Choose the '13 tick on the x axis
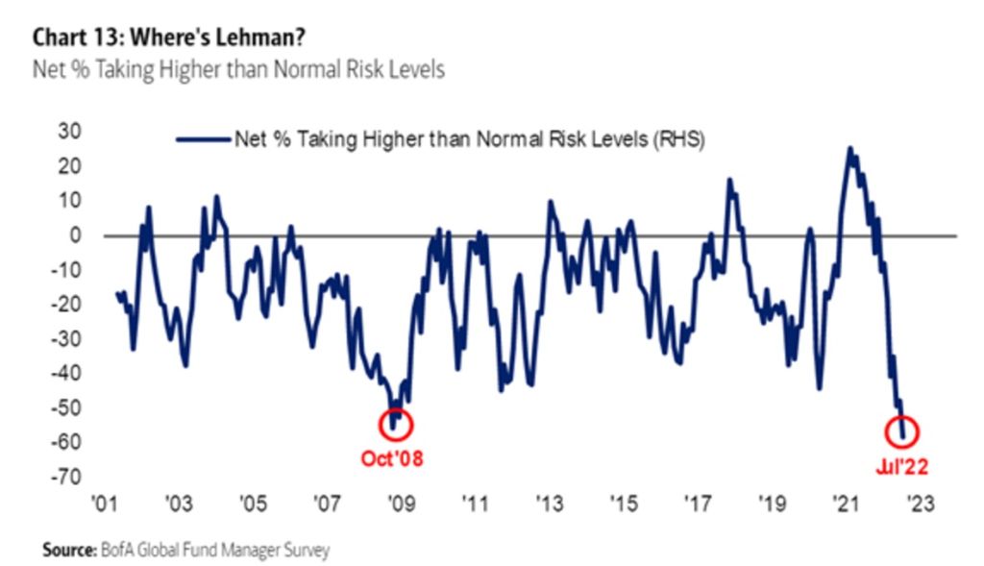[x=548, y=504]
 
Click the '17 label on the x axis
[x=697, y=504]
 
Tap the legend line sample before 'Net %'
[x=203, y=139]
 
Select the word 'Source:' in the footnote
[x=65, y=551]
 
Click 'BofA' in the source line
[x=112, y=551]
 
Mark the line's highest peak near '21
[x=849, y=148]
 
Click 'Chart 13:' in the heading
[x=77, y=37]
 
